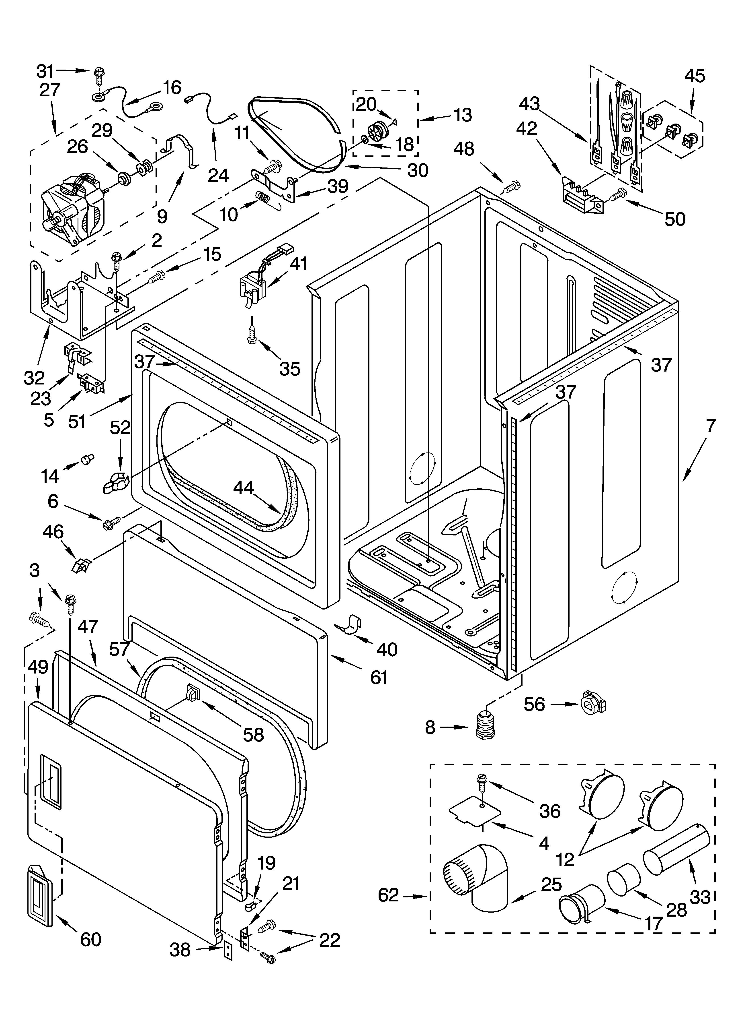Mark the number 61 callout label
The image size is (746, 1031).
click(x=378, y=677)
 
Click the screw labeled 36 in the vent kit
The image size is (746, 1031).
click(x=481, y=782)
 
